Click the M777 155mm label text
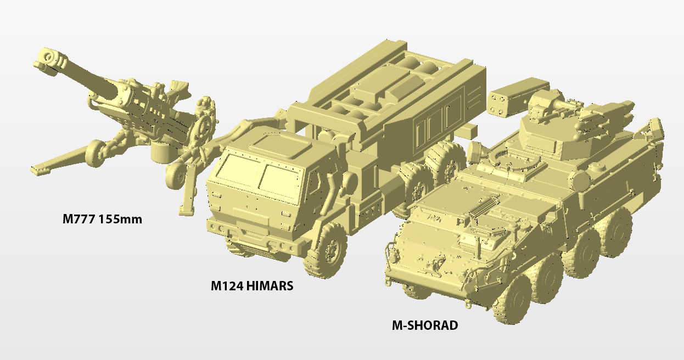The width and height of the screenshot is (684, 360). tap(102, 219)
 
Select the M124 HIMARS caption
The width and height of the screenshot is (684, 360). tap(252, 286)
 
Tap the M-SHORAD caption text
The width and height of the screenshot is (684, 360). tap(425, 325)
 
